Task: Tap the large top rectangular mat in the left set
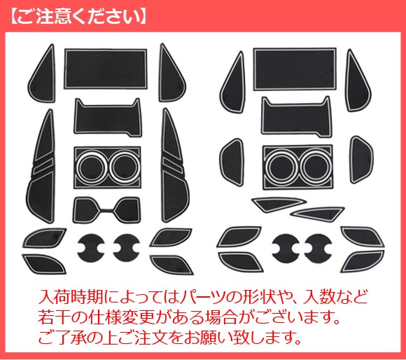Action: click(x=106, y=69)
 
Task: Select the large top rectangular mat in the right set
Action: click(x=295, y=69)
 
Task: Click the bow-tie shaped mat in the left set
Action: click(x=106, y=209)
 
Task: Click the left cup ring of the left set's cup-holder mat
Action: click(x=91, y=167)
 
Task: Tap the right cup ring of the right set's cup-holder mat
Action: click(x=316, y=166)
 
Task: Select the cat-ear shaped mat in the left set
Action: click(x=108, y=117)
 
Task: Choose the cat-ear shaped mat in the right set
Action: click(x=297, y=116)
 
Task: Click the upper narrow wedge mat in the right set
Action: click(x=279, y=204)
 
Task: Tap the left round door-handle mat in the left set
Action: click(x=91, y=248)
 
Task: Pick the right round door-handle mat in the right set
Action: click(x=318, y=248)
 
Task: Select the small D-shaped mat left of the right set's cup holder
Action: click(x=232, y=162)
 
